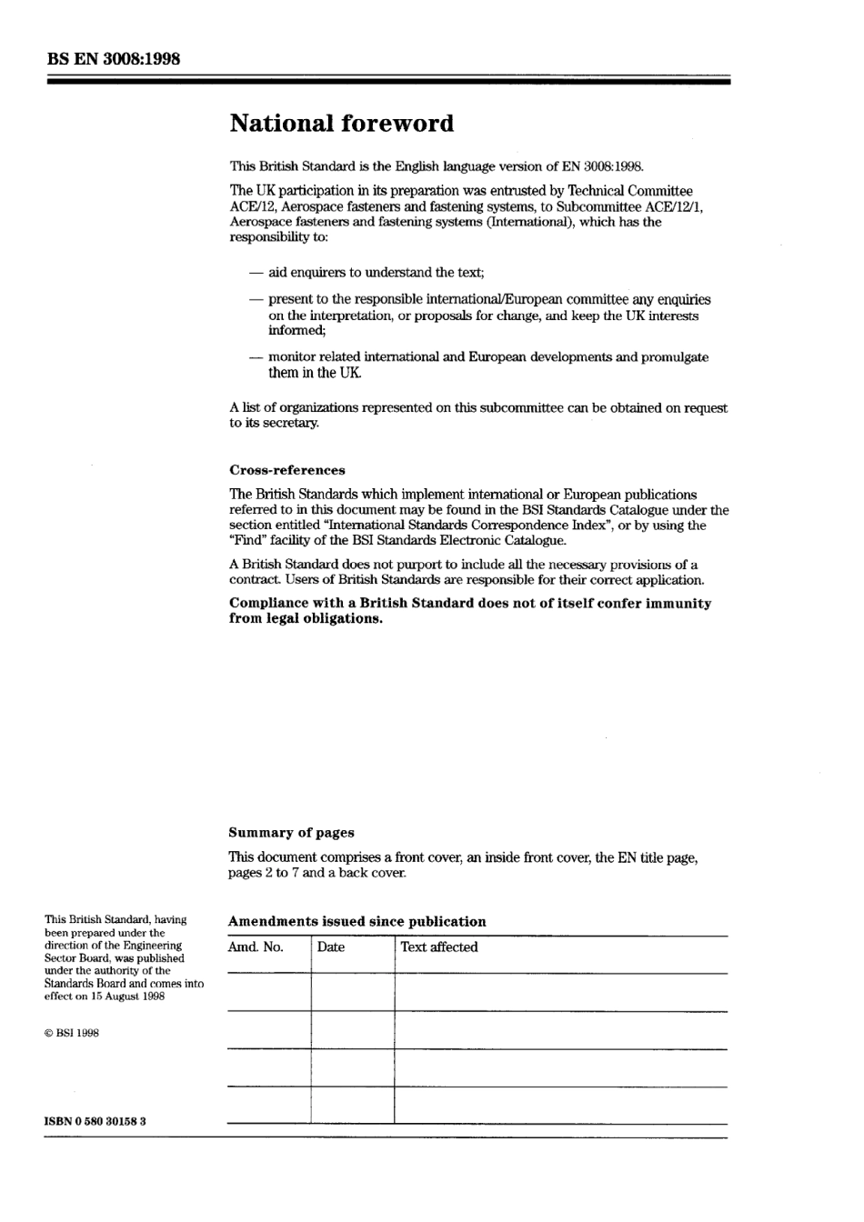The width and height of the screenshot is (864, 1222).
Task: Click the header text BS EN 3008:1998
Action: pyautogui.click(x=113, y=59)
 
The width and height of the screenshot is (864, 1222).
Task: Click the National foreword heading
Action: pyautogui.click(x=341, y=124)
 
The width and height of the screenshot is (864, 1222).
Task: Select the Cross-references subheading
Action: pyautogui.click(x=286, y=470)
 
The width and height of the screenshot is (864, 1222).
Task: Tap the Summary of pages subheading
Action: pyautogui.click(x=291, y=833)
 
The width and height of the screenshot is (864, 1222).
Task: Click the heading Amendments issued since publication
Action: pyautogui.click(x=357, y=921)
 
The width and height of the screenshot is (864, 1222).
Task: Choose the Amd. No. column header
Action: pyautogui.click(x=256, y=947)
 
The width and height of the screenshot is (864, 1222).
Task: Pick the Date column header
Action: pyautogui.click(x=331, y=947)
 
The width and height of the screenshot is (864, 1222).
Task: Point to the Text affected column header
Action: pyautogui.click(x=438, y=947)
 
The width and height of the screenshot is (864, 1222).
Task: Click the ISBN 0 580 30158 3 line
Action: pyautogui.click(x=95, y=1121)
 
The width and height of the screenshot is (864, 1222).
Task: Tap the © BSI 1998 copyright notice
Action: pyautogui.click(x=72, y=1033)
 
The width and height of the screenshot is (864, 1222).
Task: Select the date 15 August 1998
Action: pyautogui.click(x=126, y=997)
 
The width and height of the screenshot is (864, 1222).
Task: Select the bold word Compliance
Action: pyautogui.click(x=272, y=604)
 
